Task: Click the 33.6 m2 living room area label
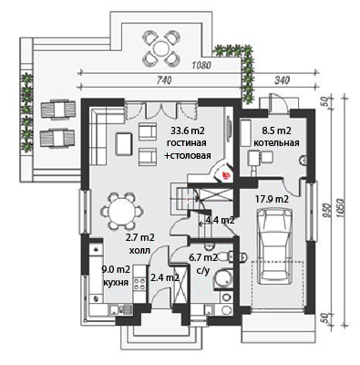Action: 187,130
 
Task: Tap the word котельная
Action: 276,142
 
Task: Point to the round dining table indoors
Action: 122,211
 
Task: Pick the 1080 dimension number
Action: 201,65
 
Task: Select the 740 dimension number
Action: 165,80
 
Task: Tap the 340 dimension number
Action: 282,80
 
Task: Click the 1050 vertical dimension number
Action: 340,209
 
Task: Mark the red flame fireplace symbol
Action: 226,175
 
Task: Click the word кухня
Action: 115,282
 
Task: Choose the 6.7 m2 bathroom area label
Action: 203,258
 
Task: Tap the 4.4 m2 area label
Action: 220,220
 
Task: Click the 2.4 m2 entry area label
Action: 165,277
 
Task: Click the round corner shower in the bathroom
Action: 222,278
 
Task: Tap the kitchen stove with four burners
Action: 139,284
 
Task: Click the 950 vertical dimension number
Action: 327,209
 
